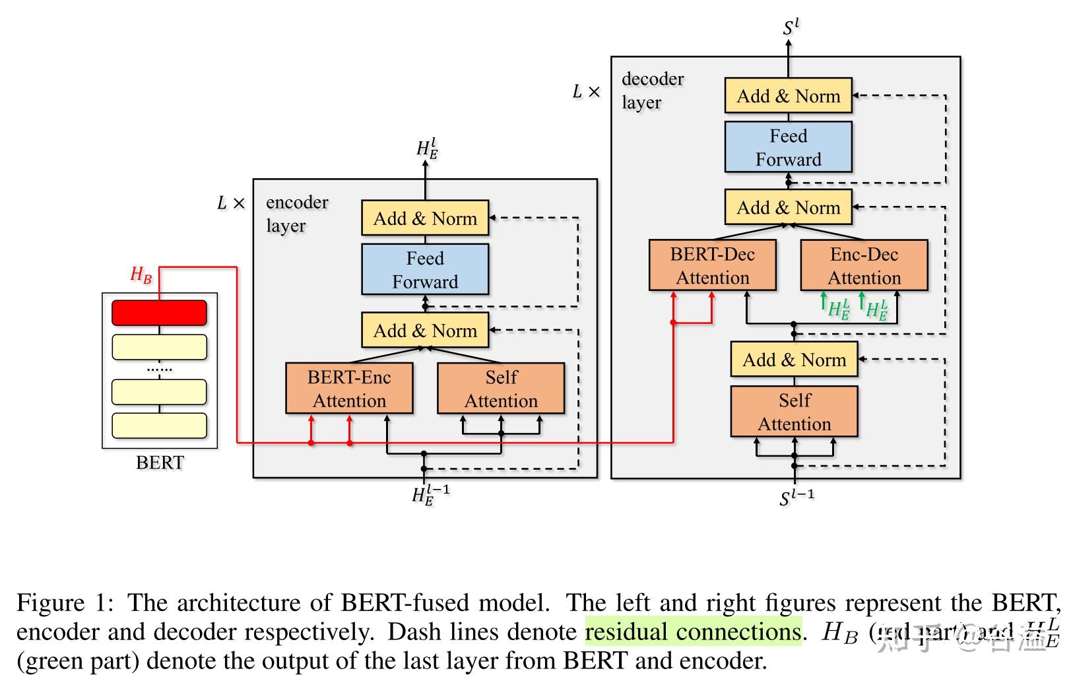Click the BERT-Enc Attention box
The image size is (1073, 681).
[349, 389]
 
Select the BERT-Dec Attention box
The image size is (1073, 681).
[712, 266]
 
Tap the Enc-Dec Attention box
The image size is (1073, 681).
[864, 266]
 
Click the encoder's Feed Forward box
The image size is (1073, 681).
[425, 270]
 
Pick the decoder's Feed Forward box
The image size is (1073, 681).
[788, 148]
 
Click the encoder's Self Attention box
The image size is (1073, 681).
[501, 389]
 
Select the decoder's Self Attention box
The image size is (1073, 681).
[794, 412]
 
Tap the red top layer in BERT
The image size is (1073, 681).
[159, 313]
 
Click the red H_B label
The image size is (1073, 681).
[141, 275]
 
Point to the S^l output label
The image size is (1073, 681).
[791, 28]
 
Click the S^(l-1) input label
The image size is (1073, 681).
[797, 497]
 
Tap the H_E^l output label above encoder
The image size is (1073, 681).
[427, 148]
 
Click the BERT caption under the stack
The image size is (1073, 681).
[160, 463]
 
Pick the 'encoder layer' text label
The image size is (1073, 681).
[296, 214]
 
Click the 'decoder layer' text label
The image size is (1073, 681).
[652, 90]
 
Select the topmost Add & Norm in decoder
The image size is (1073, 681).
[788, 96]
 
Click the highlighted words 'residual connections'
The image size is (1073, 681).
[692, 632]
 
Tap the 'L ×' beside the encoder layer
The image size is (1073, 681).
[230, 203]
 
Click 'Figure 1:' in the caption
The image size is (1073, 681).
[65, 603]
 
